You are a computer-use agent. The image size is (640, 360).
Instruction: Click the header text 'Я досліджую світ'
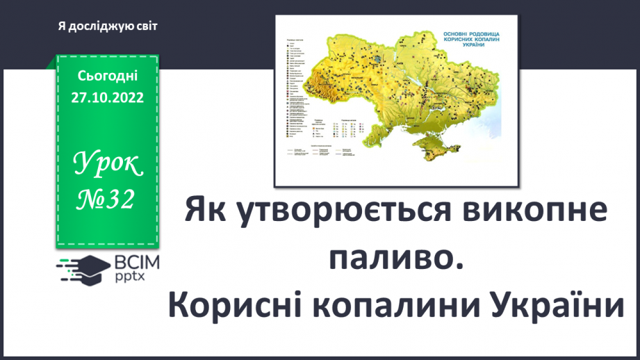pyautogui.click(x=108, y=26)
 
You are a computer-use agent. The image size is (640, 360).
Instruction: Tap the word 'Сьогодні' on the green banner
pyautogui.click(x=108, y=75)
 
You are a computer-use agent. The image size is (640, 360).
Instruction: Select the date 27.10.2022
pyautogui.click(x=108, y=97)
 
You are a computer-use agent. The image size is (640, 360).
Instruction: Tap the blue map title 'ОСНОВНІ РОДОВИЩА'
pyautogui.click(x=472, y=34)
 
